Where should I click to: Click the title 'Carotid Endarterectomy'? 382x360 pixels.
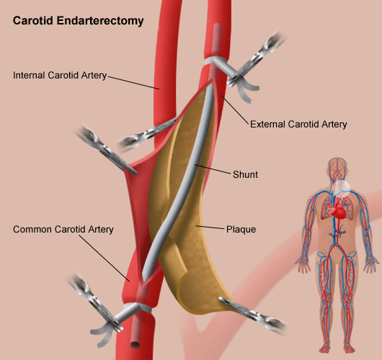pos(79,21)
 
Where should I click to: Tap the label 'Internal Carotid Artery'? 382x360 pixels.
pos(60,75)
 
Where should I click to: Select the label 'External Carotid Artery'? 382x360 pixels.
pos(298,124)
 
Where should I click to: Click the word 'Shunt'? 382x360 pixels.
pos(245,174)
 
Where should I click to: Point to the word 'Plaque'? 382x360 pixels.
pos(241,229)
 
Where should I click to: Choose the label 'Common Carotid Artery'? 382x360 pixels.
pos(63,229)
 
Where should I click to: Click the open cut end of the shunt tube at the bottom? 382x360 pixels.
pos(135,344)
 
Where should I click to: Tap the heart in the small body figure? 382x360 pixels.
pos(338,210)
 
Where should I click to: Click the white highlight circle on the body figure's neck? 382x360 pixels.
pos(342,189)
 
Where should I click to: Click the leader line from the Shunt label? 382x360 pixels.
pos(212,169)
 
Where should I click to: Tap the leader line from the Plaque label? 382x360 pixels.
pos(210,228)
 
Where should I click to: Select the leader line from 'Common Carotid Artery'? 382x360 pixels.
pos(105,258)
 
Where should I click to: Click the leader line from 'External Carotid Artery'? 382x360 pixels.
pos(236,108)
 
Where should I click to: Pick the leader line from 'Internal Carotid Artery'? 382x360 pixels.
pos(133,83)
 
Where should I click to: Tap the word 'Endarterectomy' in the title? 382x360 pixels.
pos(100,21)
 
